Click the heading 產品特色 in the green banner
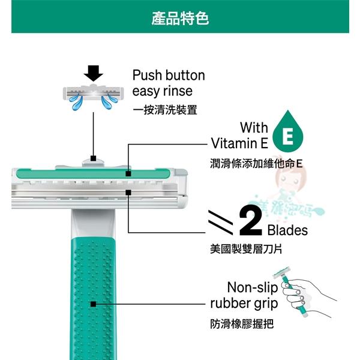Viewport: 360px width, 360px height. (180, 19)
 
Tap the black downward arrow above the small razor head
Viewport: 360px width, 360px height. (93, 73)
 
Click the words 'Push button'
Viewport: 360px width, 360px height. (169, 76)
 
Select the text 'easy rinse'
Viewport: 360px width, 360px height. (162, 92)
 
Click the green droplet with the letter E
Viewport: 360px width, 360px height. (287, 135)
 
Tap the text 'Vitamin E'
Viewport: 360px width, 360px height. (239, 143)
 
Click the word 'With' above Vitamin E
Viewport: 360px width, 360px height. (254, 128)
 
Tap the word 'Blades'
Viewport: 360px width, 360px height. (287, 230)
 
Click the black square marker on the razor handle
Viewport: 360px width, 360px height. (93, 304)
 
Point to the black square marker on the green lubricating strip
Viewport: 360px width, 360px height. (128, 173)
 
